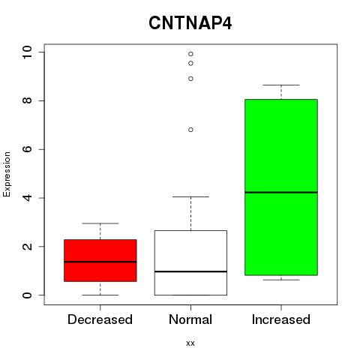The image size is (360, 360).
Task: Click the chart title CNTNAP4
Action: [x=190, y=23]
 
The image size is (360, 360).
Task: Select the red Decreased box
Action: [x=100, y=260]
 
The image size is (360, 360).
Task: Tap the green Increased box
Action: [x=281, y=187]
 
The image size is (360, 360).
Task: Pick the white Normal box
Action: [x=190, y=262]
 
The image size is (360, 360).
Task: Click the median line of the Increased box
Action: [x=281, y=192]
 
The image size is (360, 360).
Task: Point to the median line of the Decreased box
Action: [x=100, y=262]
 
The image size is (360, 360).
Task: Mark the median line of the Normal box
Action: [x=190, y=271]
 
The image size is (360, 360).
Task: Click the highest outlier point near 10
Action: [x=190, y=54]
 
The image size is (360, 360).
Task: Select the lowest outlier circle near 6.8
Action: [x=190, y=130]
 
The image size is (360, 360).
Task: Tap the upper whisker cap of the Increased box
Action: [x=281, y=85]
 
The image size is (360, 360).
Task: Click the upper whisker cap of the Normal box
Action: [x=190, y=196]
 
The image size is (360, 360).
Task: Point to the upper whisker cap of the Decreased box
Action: [x=100, y=223]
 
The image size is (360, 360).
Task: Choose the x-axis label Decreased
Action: [x=100, y=319]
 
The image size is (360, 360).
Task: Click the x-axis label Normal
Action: [x=190, y=319]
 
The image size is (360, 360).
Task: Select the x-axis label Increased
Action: [x=281, y=319]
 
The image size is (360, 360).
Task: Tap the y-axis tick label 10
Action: [x=28, y=52]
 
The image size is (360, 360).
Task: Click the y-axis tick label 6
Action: [x=28, y=149]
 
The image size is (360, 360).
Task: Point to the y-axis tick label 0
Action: [x=28, y=295]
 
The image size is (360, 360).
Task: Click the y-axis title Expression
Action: [x=7, y=175]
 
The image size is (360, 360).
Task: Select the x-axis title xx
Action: [x=190, y=343]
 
